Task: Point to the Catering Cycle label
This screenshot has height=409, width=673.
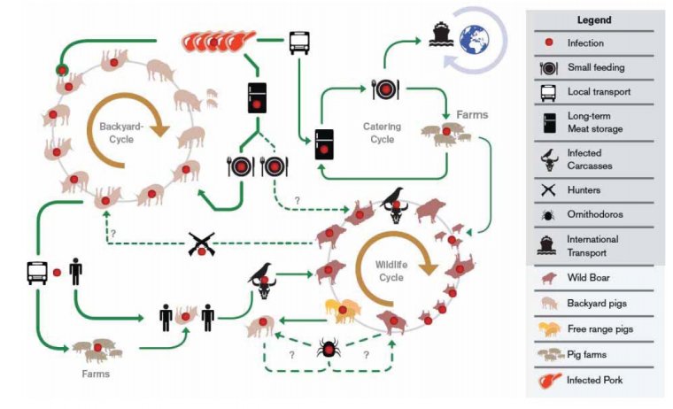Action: pyautogui.click(x=383, y=133)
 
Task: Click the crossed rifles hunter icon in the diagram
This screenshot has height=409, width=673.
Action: pyautogui.click(x=202, y=244)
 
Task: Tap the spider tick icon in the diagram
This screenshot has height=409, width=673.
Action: pyautogui.click(x=329, y=349)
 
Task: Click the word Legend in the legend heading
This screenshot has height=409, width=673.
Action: pyautogui.click(x=594, y=20)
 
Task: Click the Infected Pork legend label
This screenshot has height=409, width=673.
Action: pyautogui.click(x=597, y=381)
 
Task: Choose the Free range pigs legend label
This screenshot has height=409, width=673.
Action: pyautogui.click(x=600, y=329)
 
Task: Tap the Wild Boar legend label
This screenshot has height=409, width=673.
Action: pyautogui.click(x=589, y=278)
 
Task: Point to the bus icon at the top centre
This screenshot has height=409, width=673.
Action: pyautogui.click(x=299, y=42)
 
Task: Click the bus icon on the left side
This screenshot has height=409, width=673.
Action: pyautogui.click(x=36, y=272)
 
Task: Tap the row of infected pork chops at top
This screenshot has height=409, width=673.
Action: pyautogui.click(x=218, y=41)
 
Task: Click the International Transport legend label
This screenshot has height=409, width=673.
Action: pyautogui.click(x=593, y=245)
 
